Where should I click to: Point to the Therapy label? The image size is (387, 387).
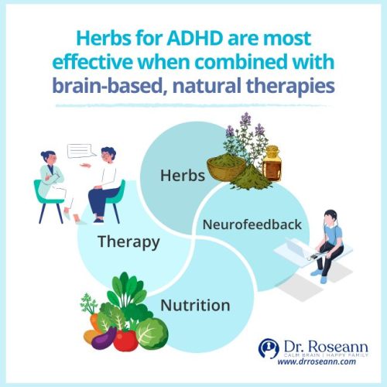pyautogui.click(x=128, y=241)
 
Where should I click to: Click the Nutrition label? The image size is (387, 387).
pyautogui.click(x=195, y=305)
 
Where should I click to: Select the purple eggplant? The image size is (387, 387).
pyautogui.click(x=103, y=338)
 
